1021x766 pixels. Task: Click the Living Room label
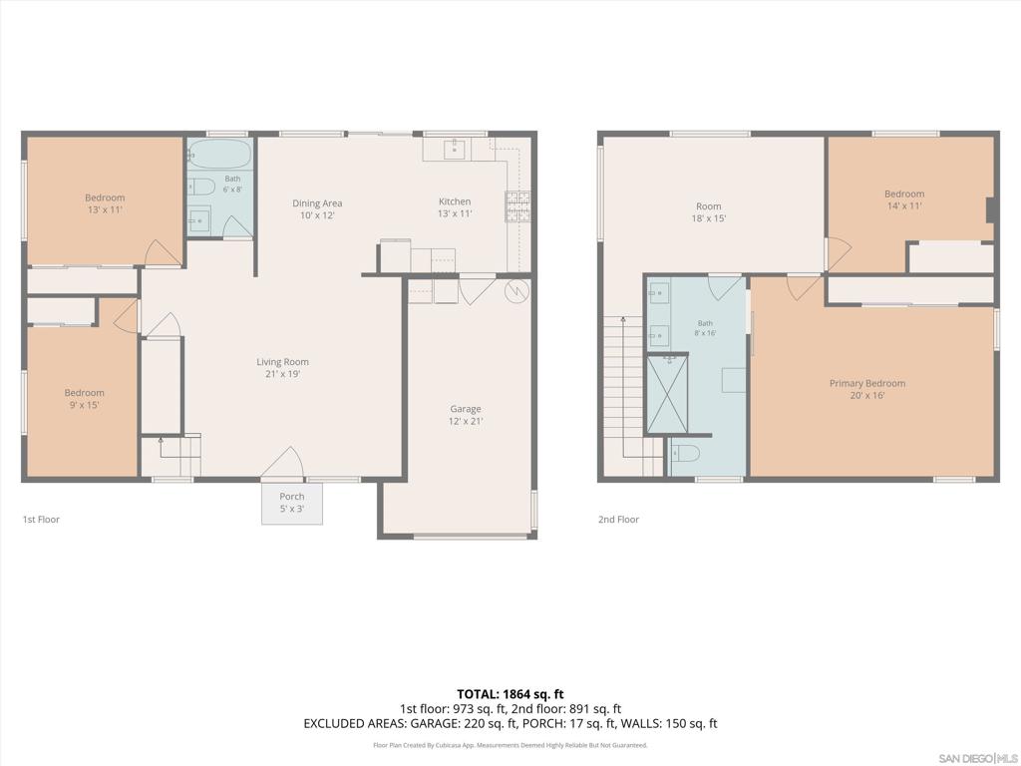282,367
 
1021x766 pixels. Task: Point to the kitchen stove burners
518,205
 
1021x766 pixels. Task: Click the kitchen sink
454,150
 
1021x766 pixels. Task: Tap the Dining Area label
317,209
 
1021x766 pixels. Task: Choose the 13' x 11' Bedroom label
105,203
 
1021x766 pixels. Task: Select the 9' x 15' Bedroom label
85,399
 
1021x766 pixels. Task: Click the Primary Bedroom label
867,389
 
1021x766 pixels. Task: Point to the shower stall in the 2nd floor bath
667,394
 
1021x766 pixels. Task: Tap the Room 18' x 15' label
709,212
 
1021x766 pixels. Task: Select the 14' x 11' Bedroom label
904,199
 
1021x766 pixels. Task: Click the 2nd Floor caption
618,519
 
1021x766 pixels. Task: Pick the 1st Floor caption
41,519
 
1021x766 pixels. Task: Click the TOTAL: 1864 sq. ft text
510,694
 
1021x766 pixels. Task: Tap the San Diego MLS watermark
978,758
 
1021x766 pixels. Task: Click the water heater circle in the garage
516,291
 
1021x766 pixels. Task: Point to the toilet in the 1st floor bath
201,187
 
